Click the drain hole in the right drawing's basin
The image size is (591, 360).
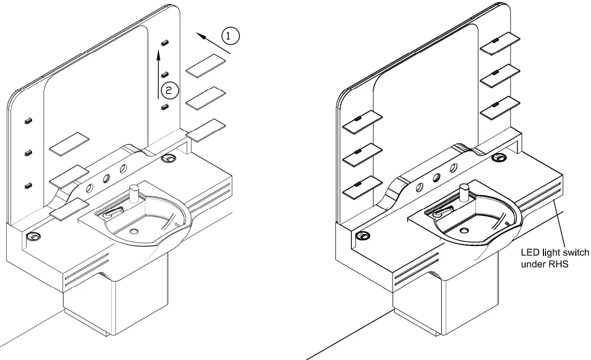pos(463,229)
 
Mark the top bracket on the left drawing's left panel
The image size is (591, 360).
pos(28,121)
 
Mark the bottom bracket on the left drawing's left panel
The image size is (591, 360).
pos(28,185)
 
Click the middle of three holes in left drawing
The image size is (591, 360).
pos(107,178)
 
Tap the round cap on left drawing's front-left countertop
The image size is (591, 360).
pos(33,237)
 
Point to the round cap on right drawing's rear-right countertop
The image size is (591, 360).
pos(499,157)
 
